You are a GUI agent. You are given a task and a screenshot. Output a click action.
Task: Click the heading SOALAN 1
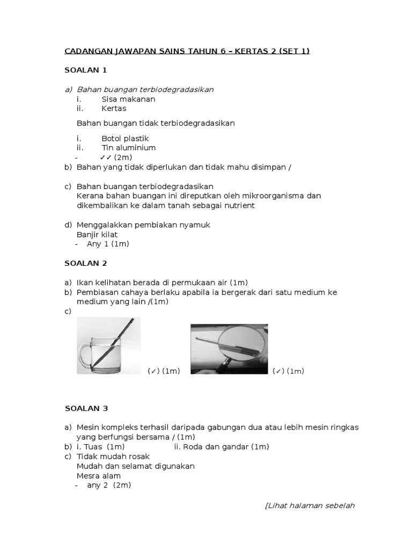click(86, 70)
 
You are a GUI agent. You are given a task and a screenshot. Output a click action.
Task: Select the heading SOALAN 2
click(86, 263)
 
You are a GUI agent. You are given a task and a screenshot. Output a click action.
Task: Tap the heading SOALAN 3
click(86, 408)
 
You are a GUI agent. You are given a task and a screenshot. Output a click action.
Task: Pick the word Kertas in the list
click(114, 108)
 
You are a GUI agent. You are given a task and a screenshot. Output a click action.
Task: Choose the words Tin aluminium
click(129, 148)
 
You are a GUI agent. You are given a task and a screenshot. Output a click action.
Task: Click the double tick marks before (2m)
click(105, 157)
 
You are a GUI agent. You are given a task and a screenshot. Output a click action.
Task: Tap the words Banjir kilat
click(97, 234)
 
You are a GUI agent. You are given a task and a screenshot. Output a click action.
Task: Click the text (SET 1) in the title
click(294, 51)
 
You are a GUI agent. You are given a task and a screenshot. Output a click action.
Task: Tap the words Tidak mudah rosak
click(113, 457)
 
